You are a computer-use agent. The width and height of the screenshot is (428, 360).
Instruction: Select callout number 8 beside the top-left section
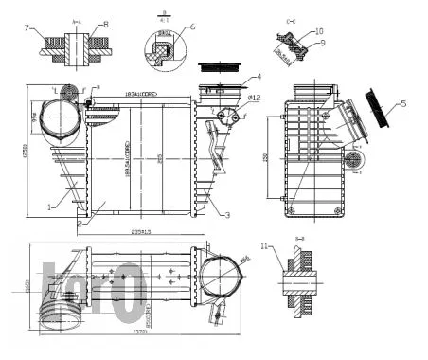(106, 24)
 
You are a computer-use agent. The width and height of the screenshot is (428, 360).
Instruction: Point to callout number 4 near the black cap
(259, 76)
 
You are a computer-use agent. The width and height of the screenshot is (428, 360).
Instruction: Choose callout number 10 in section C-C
(318, 31)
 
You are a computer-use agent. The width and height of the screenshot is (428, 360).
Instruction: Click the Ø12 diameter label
(254, 97)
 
